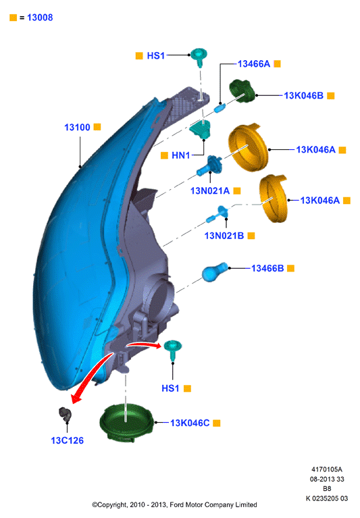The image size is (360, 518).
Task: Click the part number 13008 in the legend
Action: (x=40, y=18)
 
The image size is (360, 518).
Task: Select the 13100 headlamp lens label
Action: (x=77, y=127)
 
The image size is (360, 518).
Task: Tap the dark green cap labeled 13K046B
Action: (x=242, y=91)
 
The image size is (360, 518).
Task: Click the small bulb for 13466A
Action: (x=220, y=107)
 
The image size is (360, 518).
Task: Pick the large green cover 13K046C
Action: (x=127, y=422)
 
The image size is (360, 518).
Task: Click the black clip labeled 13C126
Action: (x=65, y=414)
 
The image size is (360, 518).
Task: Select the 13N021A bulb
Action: (x=210, y=166)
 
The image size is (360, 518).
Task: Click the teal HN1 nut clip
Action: (x=201, y=130)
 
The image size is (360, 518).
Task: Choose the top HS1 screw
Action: (x=199, y=57)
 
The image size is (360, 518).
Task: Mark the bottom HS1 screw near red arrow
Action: (x=172, y=350)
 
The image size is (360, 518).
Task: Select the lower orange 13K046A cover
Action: (x=273, y=198)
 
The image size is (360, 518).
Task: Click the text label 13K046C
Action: (x=190, y=423)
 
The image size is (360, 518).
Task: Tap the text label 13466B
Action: (x=267, y=268)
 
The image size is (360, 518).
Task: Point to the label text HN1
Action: (x=180, y=155)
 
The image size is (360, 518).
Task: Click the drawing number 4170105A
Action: (x=327, y=469)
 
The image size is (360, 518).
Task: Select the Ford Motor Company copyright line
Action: (x=174, y=504)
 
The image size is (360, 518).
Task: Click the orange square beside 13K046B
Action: (x=330, y=96)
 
